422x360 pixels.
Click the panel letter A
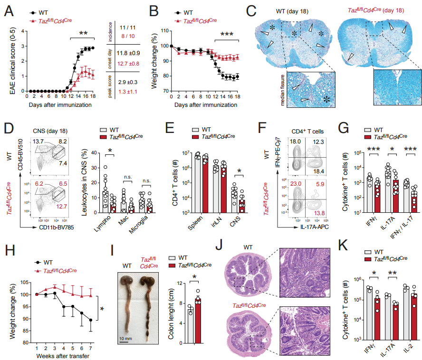click(x=8, y=9)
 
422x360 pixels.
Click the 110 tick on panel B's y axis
click(x=164, y=30)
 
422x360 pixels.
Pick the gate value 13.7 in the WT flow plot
click(x=38, y=142)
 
